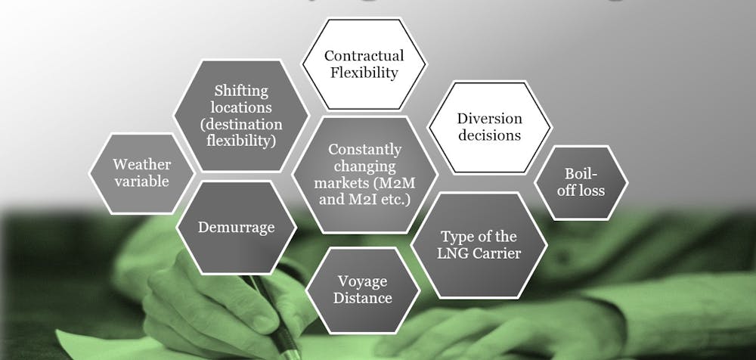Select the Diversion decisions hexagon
(488, 127)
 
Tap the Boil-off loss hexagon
(581, 182)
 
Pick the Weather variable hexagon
(141, 172)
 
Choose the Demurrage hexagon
(236, 227)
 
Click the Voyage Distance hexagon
(364, 289)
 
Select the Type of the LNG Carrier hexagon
(480, 244)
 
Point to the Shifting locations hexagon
(241, 115)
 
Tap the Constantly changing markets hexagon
(365, 175)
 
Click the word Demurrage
(236, 227)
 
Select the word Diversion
(489, 119)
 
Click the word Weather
(142, 164)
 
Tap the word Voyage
(363, 281)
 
